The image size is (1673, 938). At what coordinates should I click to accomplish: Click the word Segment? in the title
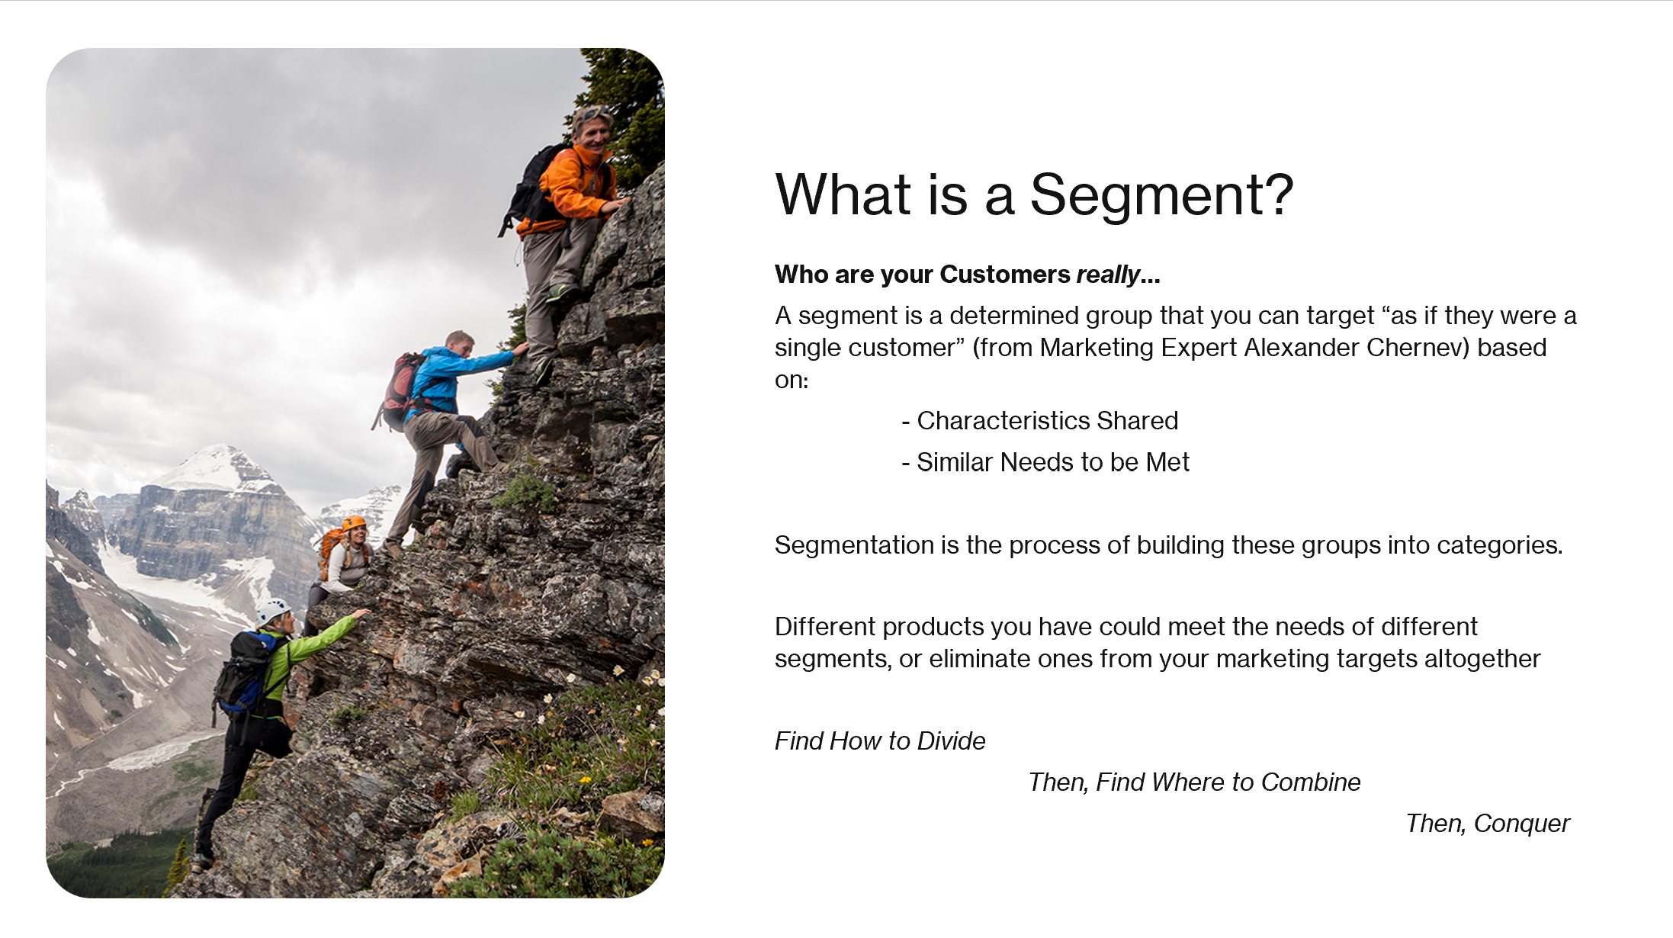1161,195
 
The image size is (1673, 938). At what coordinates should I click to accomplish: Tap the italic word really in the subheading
1108,275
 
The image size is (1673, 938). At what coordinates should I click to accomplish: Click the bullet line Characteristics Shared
1047,421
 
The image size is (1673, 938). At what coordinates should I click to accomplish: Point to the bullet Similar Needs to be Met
1052,462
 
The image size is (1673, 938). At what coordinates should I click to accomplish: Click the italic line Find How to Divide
880,741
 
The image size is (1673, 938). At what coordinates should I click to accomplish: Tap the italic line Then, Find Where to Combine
1194,782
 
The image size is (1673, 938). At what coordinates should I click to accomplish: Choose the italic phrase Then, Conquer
1487,824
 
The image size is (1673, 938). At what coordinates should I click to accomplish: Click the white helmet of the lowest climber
271,610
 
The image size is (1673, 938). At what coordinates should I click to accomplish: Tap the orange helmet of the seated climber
354,523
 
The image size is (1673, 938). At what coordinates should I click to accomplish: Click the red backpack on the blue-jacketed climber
400,389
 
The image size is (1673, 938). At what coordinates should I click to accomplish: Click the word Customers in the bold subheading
1004,275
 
